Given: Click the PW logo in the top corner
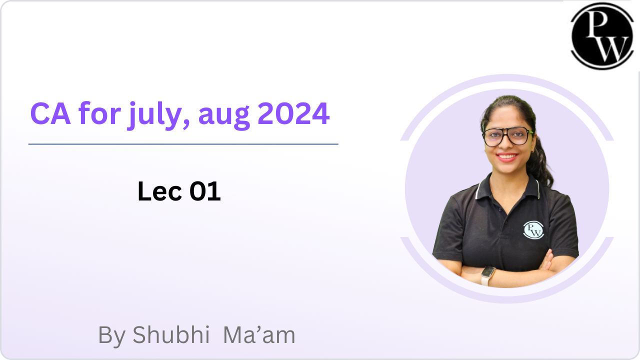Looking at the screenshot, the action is click(x=602, y=36).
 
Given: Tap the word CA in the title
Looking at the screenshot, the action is click(x=50, y=113).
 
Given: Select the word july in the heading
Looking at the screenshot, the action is click(x=155, y=115).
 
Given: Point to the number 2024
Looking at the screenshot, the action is click(x=293, y=113).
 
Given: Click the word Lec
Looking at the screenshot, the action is click(x=159, y=191).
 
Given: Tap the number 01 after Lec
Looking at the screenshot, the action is click(x=205, y=191).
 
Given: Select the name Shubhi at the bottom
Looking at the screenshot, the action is click(x=171, y=334).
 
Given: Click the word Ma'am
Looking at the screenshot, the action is click(x=259, y=334).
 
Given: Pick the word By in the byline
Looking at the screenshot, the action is click(x=111, y=336).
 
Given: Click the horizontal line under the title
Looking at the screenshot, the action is click(x=183, y=144).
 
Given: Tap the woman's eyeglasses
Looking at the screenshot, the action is click(x=507, y=137).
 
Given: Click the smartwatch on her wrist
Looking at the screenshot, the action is click(x=487, y=275).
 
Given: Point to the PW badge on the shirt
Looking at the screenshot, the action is click(x=533, y=229).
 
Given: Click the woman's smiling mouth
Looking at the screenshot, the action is click(x=507, y=157).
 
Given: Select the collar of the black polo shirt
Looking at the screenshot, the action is click(x=507, y=187).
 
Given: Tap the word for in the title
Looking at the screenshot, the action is click(x=99, y=113).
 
